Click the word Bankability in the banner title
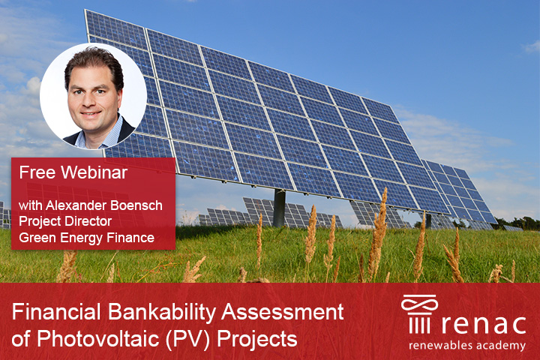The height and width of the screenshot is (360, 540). [x=162, y=312]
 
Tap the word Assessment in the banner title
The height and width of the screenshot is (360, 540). [x=283, y=312]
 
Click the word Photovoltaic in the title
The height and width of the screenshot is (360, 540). [x=98, y=338]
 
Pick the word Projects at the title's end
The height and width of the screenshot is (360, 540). [x=257, y=339]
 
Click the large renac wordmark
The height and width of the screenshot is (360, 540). [x=484, y=325]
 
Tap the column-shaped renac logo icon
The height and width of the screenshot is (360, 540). [x=419, y=313]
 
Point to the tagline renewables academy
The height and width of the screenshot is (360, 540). [x=467, y=346]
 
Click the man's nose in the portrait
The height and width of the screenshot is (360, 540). [x=91, y=99]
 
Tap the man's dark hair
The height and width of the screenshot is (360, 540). [x=94, y=60]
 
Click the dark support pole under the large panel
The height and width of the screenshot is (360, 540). [x=279, y=208]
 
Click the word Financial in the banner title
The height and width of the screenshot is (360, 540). [x=56, y=312]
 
